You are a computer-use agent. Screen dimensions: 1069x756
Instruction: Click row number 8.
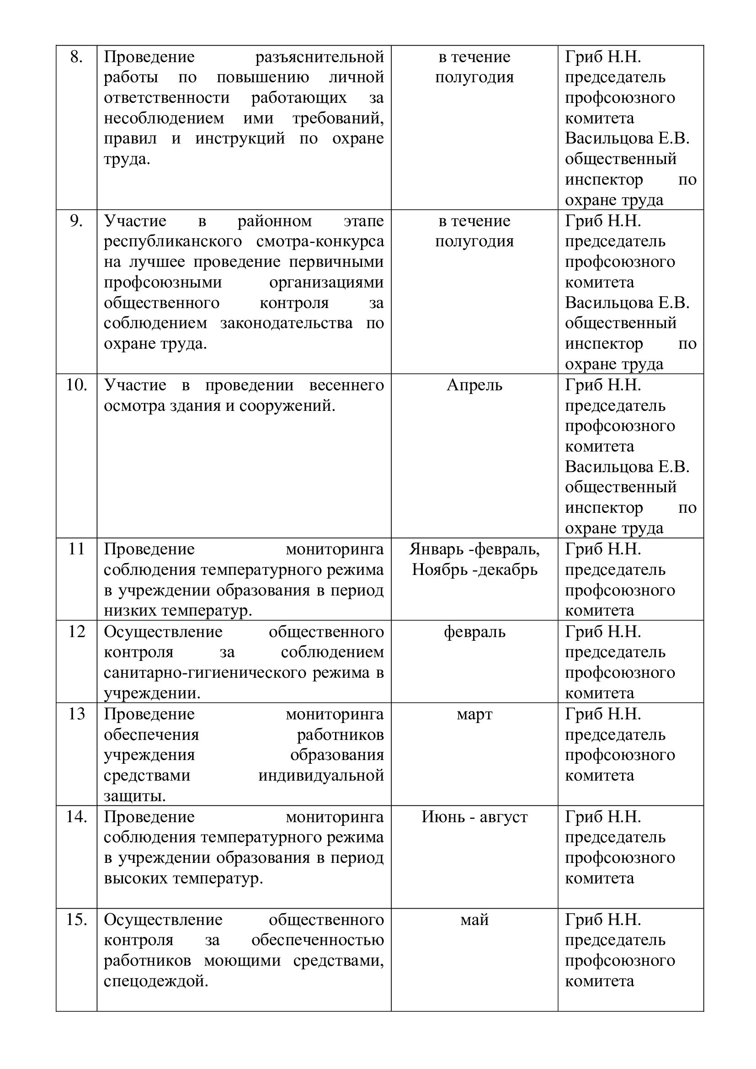[x=76, y=57]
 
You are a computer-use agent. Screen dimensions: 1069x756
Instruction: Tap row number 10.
[x=76, y=385]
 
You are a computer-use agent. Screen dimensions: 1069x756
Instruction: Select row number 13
[x=76, y=714]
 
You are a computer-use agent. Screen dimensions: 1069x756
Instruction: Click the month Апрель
[x=474, y=385]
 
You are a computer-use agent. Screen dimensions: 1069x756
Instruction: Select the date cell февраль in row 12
[x=474, y=632]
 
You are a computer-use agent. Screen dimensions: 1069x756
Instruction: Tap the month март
[x=474, y=714]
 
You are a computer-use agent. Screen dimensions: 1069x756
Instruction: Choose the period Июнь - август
[x=474, y=817]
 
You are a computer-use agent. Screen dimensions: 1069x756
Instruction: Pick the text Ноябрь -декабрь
[x=474, y=569]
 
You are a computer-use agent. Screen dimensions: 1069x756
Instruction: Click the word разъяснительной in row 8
[x=319, y=57]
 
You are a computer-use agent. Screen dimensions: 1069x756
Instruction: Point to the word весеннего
[x=346, y=385]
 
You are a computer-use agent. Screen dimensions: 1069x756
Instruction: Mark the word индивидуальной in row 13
[x=321, y=775]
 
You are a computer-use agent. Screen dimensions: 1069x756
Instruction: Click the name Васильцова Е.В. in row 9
[x=627, y=303]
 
